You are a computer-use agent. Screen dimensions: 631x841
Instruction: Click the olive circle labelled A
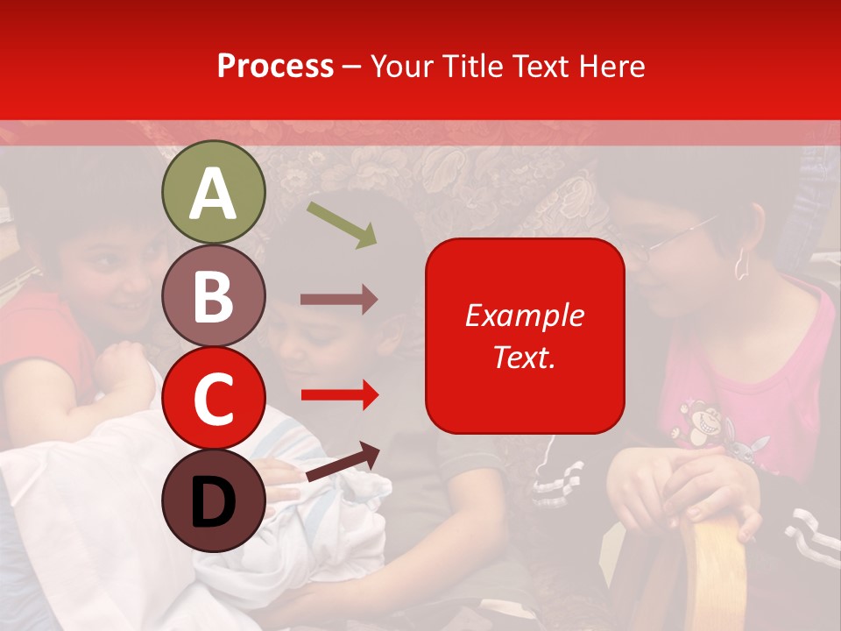[213, 193]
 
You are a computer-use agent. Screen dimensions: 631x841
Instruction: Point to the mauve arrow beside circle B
[338, 300]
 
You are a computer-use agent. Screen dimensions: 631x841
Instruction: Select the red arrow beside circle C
[338, 395]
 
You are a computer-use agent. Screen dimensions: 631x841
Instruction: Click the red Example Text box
[525, 336]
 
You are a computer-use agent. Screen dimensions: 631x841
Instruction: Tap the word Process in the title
[275, 66]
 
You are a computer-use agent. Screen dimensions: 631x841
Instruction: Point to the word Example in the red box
[525, 315]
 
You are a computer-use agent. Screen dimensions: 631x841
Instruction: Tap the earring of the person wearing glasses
[739, 263]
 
